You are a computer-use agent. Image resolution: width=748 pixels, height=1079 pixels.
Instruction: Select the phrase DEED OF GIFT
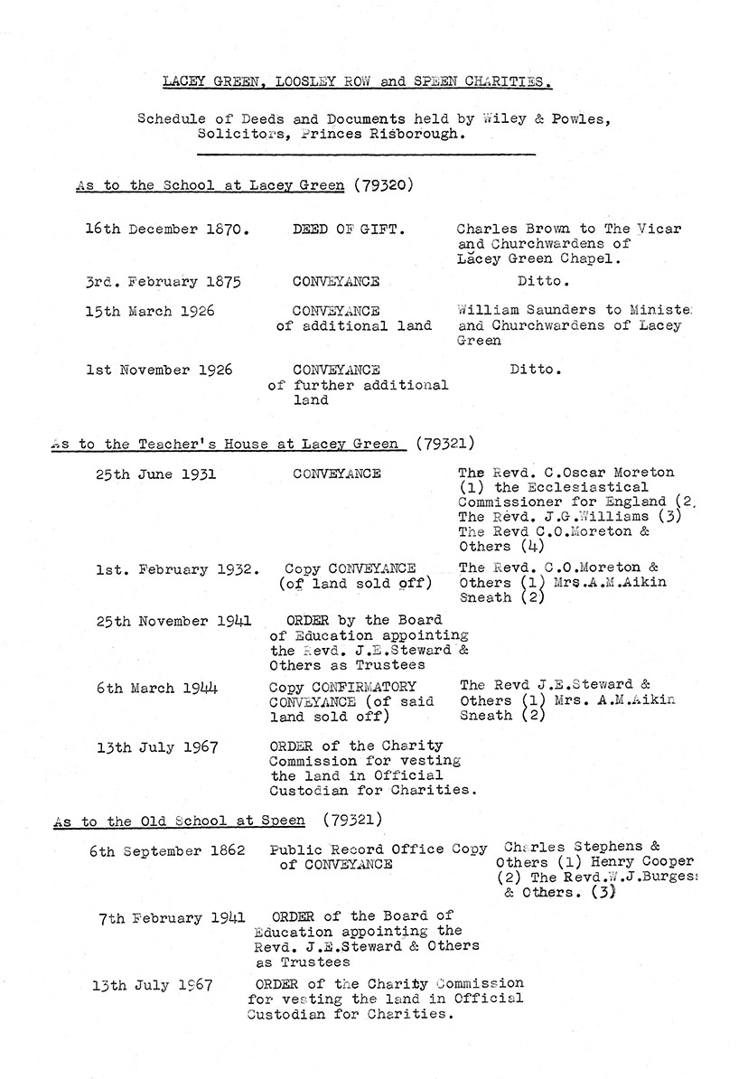(x=349, y=230)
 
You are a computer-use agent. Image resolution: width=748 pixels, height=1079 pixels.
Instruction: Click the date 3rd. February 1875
(x=163, y=282)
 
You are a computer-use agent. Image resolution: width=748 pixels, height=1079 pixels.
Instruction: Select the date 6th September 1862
(x=167, y=851)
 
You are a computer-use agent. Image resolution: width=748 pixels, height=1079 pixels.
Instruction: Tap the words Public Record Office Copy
(x=379, y=849)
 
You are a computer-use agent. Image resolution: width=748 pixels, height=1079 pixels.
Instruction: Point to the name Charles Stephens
(x=575, y=848)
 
